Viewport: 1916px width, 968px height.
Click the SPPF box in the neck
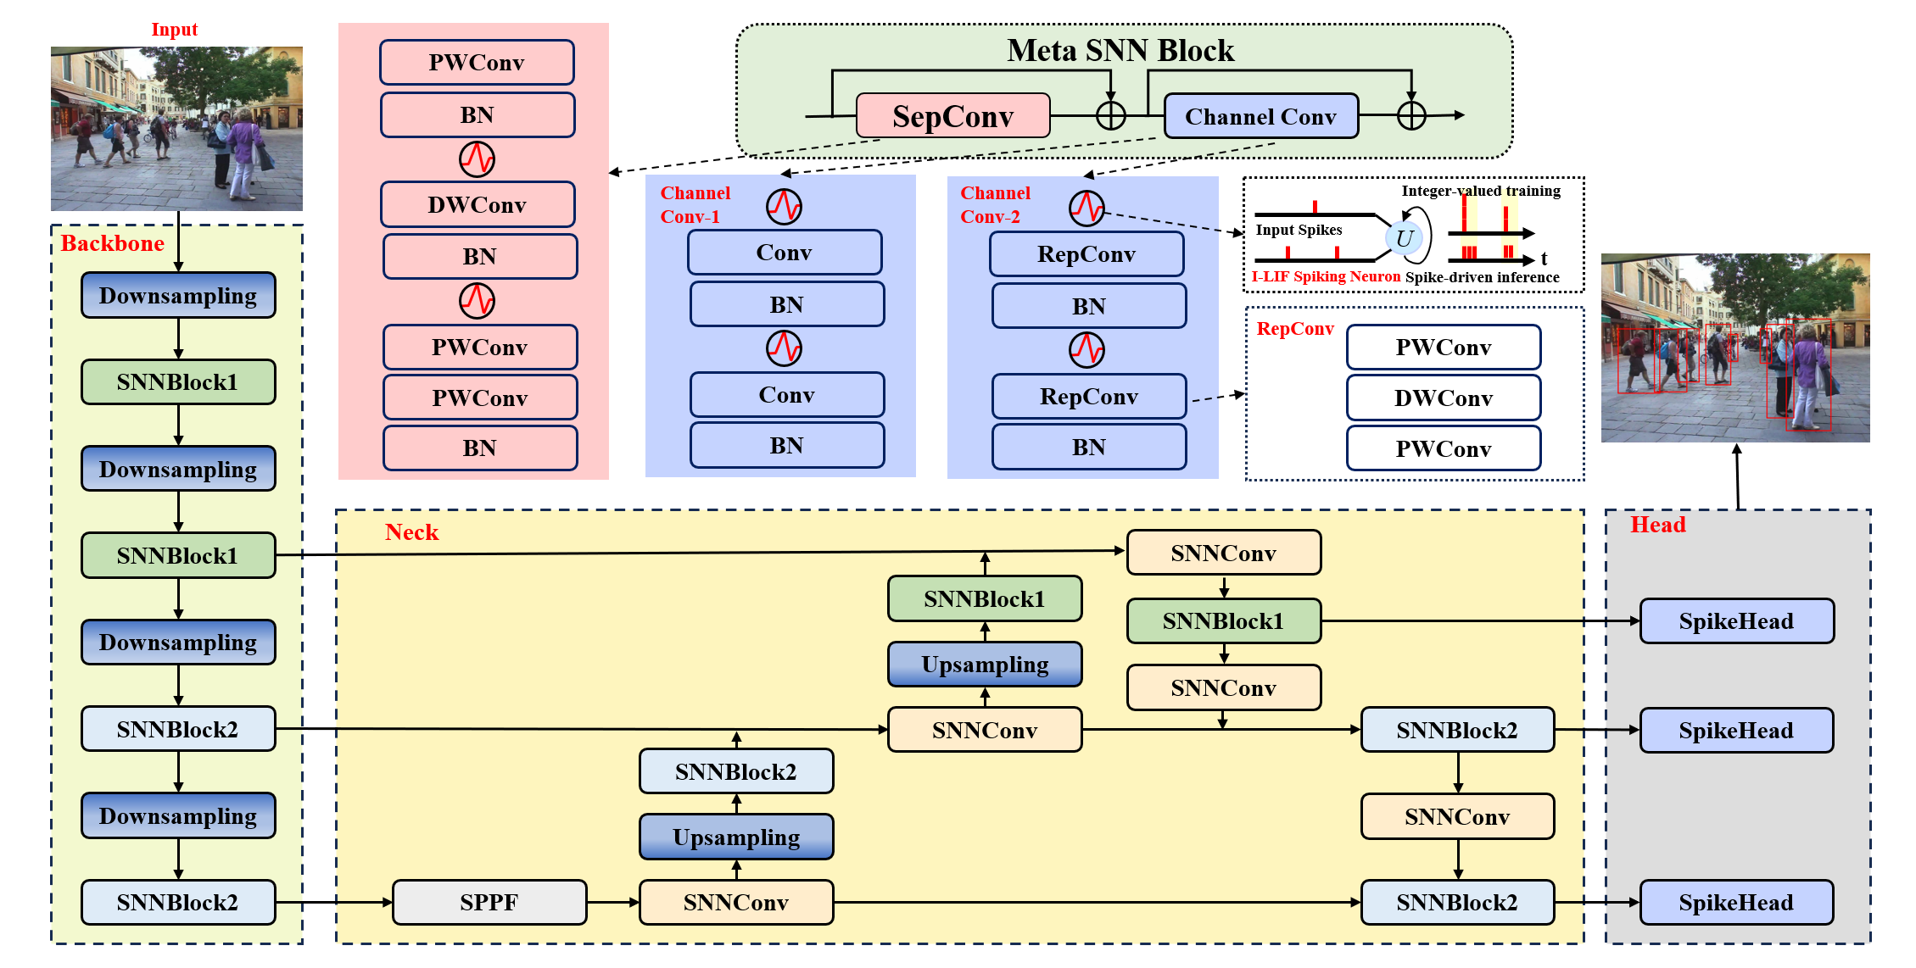click(489, 902)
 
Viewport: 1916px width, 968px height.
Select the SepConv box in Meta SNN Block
click(952, 116)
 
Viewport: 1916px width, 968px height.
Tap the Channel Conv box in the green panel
click(1260, 116)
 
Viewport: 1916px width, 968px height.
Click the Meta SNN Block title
click(1120, 51)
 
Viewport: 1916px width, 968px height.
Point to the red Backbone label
click(113, 243)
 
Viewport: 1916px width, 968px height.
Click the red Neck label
click(411, 532)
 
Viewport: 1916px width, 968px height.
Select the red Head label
click(1657, 525)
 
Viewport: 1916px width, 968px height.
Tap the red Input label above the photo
click(174, 30)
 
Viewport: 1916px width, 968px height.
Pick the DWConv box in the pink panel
click(477, 204)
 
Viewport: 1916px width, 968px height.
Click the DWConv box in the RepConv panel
click(1443, 398)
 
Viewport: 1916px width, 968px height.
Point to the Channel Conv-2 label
click(995, 204)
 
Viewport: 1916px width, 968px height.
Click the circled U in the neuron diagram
click(1404, 238)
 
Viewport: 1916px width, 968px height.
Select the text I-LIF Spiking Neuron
click(1326, 276)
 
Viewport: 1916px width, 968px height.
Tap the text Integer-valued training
click(1480, 191)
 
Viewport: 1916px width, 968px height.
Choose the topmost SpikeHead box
click(1736, 621)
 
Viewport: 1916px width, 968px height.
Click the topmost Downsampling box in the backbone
click(178, 296)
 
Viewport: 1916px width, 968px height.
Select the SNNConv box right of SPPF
click(735, 902)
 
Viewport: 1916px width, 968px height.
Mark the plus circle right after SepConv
click(1110, 115)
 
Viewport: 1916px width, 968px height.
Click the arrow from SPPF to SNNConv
click(612, 902)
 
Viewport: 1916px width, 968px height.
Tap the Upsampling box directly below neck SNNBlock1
click(985, 665)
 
